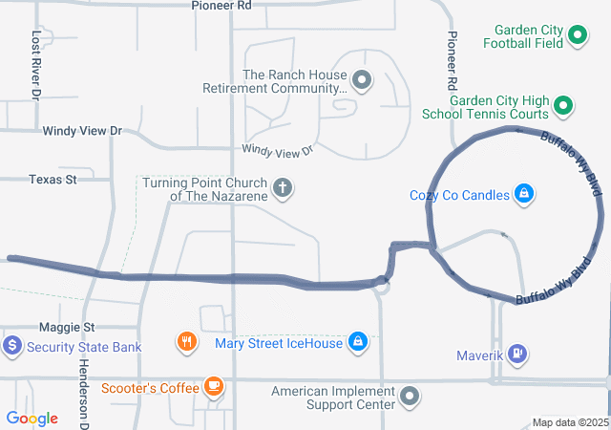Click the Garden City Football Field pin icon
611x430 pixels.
pos(577,36)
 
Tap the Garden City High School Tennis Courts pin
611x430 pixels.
pos(563,105)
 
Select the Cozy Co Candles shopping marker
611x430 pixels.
pos(523,195)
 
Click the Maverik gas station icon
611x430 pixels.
pos(516,355)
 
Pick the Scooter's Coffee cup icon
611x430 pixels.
pos(214,387)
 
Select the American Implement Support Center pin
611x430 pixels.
pos(411,396)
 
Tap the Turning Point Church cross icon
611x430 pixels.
pos(282,187)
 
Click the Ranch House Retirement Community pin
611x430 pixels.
pos(362,80)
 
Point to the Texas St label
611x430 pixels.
pos(53,180)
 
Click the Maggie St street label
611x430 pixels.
pos(62,327)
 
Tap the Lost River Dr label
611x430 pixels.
pos(35,65)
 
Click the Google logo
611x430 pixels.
pos(32,419)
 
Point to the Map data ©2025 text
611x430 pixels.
pos(569,422)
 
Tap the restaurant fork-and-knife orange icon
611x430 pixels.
pos(187,341)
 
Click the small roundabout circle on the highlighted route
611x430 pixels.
pos(382,283)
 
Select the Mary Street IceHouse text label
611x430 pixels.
pos(279,343)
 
